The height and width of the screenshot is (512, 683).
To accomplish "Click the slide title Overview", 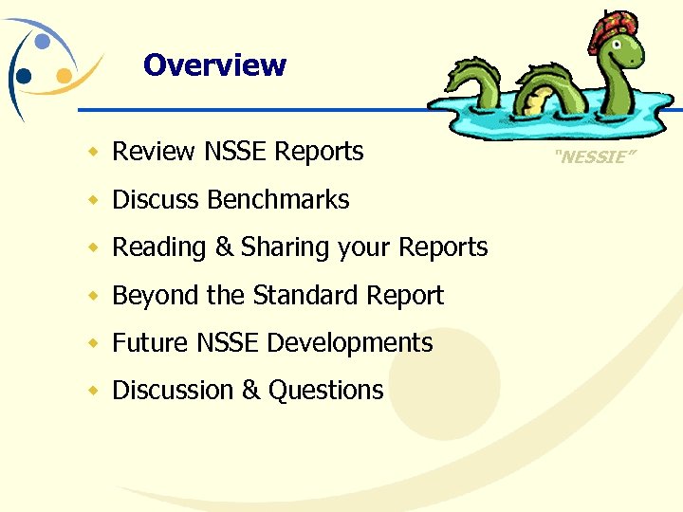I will pyautogui.click(x=214, y=65).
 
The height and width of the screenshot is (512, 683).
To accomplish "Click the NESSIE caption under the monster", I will pyautogui.click(x=590, y=157).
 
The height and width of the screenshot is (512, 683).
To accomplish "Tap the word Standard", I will pyautogui.click(x=303, y=296).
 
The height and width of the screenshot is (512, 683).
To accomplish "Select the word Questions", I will pyautogui.click(x=326, y=391).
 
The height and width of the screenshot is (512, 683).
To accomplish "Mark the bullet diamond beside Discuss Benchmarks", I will pyautogui.click(x=93, y=201).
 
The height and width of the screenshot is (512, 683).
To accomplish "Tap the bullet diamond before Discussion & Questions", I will pyautogui.click(x=93, y=392).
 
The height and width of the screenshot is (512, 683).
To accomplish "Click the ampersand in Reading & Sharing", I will pyautogui.click(x=224, y=248).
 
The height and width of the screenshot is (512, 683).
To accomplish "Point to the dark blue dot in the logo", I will pyautogui.click(x=24, y=76).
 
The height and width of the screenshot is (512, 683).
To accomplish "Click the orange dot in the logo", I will pyautogui.click(x=64, y=74).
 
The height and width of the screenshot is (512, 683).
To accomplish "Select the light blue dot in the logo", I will pyautogui.click(x=43, y=42).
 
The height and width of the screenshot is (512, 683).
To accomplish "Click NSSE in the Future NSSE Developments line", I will pyautogui.click(x=228, y=343).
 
